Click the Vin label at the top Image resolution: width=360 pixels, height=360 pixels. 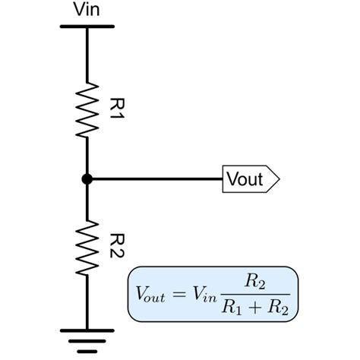pos(87,10)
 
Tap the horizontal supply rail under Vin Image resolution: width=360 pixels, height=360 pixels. pos(87,27)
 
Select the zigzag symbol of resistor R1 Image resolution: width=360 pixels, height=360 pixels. pos(87,109)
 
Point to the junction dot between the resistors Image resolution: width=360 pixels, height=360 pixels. pos(87,179)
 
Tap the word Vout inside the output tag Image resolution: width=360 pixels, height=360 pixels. pos(244,179)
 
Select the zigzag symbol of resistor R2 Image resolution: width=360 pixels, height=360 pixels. pos(87,249)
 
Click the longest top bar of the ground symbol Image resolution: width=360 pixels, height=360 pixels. pos(87,331)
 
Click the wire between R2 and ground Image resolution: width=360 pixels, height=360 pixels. pos(87,304)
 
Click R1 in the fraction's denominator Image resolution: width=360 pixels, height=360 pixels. pos(232,308)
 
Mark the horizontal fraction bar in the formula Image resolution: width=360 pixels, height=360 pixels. pos(253,294)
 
